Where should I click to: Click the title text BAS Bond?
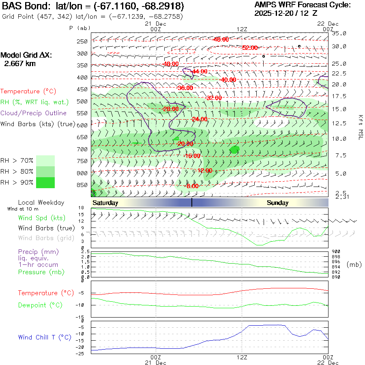pyautogui.click(x=23, y=6)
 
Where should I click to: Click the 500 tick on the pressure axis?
pyautogui.click(x=82, y=101)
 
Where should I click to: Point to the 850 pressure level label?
pyautogui.click(x=82, y=185)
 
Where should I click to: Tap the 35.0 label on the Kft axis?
pyautogui.click(x=339, y=33)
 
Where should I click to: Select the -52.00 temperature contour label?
pyautogui.click(x=250, y=48)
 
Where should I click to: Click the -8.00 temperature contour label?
pyautogui.click(x=192, y=186)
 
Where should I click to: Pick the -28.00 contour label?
pyautogui.click(x=170, y=109)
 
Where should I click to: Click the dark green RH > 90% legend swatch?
pyautogui.click(x=45, y=182)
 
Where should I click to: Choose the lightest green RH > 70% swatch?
pyautogui.click(x=45, y=161)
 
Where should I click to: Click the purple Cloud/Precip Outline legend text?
pyautogui.click(x=34, y=113)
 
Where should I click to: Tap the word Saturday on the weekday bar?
pyautogui.click(x=105, y=203)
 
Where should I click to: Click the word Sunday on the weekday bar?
pyautogui.click(x=277, y=203)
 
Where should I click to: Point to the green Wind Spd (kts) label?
pyautogui.click(x=42, y=218)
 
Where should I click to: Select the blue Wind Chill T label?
pyautogui.click(x=45, y=337)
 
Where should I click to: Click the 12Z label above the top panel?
pyautogui.click(x=242, y=29)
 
